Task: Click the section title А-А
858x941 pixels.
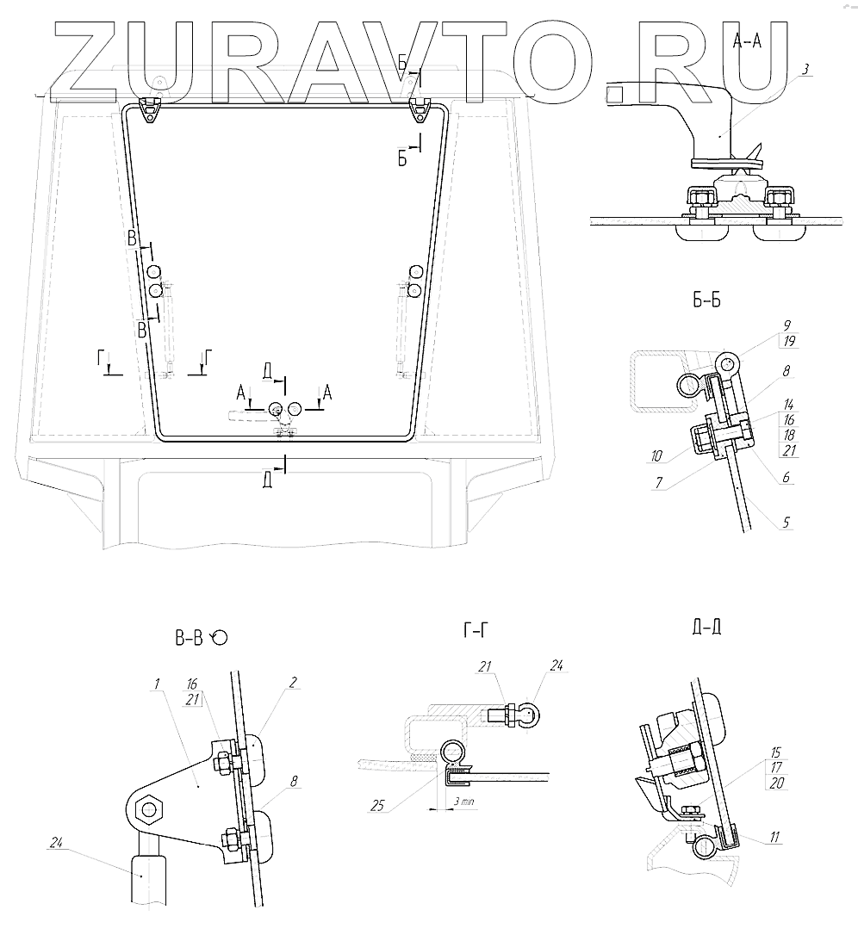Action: [746, 40]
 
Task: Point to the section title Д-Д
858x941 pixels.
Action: [706, 627]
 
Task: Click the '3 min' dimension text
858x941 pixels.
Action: [463, 801]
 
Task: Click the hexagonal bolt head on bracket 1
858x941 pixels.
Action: [152, 808]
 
